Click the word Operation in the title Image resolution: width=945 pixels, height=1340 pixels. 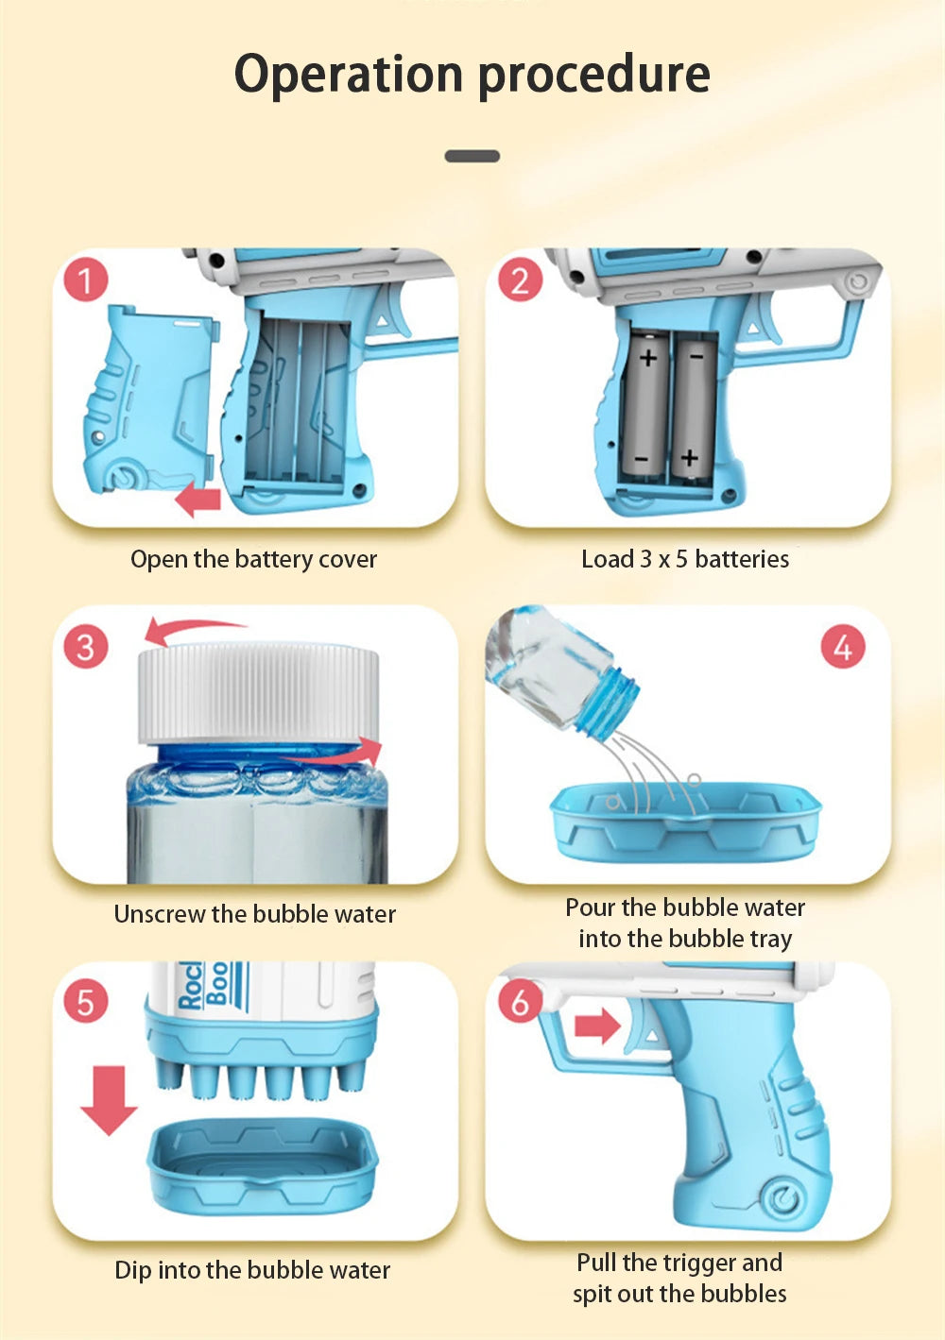[x=349, y=76]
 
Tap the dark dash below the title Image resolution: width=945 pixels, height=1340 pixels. [x=472, y=156]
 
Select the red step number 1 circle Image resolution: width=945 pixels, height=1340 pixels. [x=86, y=280]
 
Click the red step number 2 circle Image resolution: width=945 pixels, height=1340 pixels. [x=520, y=280]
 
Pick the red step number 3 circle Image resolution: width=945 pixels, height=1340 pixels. [x=86, y=647]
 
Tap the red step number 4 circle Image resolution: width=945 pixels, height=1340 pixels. [x=843, y=647]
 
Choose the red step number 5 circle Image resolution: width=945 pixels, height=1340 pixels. [x=86, y=1001]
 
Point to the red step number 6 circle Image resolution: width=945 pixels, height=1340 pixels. [x=520, y=1001]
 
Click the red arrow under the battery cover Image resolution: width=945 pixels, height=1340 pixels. [x=198, y=500]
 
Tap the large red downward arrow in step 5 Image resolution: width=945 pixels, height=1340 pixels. [x=109, y=1100]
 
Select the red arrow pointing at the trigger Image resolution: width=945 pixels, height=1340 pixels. [x=597, y=1026]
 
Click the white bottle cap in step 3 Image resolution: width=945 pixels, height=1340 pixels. [x=259, y=694]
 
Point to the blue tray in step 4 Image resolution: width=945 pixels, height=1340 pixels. [x=686, y=823]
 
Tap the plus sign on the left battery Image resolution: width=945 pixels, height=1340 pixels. [x=648, y=359]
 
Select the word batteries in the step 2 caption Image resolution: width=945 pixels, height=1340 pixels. [x=742, y=559]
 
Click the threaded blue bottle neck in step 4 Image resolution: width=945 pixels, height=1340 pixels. [x=608, y=702]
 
